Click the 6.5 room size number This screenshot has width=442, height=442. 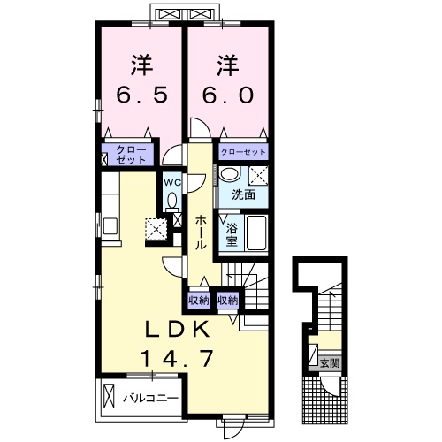(x=141, y=95)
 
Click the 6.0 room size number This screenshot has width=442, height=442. (x=228, y=95)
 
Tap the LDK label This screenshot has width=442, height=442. (x=178, y=329)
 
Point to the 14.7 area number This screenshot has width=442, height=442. (x=178, y=358)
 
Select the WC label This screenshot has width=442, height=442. (x=172, y=183)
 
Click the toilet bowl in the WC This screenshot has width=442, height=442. (x=171, y=201)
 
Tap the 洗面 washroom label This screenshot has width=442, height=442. (x=243, y=194)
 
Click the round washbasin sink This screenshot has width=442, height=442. (x=230, y=174)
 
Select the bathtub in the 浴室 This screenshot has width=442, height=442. (x=256, y=232)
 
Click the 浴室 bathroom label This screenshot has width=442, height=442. (x=232, y=235)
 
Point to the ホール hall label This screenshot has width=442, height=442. (x=201, y=232)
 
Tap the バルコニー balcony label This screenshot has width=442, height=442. (x=150, y=399)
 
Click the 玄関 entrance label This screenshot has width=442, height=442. (x=330, y=363)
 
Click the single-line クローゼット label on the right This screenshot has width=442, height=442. (x=243, y=152)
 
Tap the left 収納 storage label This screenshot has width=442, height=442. (x=199, y=301)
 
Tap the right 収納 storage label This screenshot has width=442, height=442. (x=227, y=301)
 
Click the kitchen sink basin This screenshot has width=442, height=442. (x=110, y=226)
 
